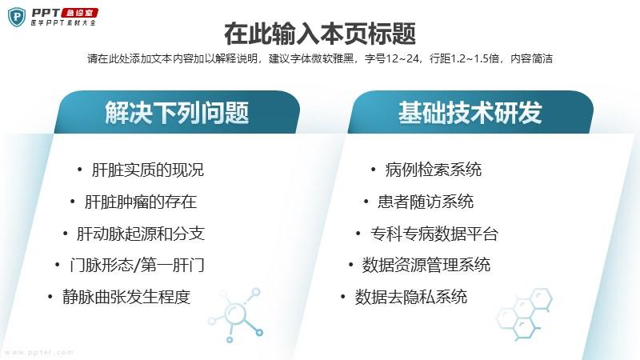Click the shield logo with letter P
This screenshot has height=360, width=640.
(17, 17)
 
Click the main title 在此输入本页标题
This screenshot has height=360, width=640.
(320, 34)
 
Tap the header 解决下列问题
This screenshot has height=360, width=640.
(177, 113)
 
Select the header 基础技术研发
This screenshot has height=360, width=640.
(470, 113)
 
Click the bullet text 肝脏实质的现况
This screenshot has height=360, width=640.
(148, 170)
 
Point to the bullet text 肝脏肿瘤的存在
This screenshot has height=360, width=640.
(141, 202)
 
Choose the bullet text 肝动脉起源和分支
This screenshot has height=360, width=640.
(141, 234)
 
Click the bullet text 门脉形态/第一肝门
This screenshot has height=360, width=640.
(137, 266)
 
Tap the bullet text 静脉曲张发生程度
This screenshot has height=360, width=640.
(126, 297)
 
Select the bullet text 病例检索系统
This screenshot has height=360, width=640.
(433, 170)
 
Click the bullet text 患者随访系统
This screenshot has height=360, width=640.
(426, 202)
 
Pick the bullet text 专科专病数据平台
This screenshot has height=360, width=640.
(434, 234)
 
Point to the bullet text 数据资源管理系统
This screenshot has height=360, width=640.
(426, 266)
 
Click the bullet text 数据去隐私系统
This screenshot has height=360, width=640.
(410, 297)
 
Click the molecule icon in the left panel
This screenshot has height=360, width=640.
(235, 315)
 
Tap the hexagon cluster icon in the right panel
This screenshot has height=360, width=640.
(524, 314)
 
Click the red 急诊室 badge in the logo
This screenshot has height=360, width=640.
(79, 13)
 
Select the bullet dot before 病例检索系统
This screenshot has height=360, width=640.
(373, 170)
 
